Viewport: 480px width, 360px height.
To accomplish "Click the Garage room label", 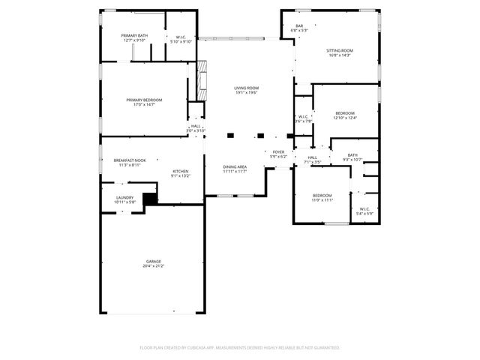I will (153, 261).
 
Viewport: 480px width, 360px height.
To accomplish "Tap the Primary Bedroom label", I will (144, 100).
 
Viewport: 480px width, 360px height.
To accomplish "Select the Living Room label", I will (246, 88).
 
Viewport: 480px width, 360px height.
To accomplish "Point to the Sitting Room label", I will (339, 50).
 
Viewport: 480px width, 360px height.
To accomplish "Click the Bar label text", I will (298, 26).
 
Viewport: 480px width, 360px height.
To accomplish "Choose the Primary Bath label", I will (135, 36).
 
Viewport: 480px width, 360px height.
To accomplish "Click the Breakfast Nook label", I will (130, 160).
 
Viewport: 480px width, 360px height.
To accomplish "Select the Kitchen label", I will (181, 171).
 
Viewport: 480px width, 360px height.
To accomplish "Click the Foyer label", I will (278, 151).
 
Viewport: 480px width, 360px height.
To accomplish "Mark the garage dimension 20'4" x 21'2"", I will (153, 265).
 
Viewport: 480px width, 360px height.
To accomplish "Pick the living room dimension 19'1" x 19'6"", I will (246, 92).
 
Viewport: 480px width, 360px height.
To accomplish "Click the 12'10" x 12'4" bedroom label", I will (345, 115).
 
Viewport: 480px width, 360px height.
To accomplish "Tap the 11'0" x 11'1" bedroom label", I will (322, 197).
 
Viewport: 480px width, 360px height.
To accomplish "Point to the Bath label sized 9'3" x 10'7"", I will (352, 155).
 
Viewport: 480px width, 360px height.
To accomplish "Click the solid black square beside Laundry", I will (150, 199).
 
